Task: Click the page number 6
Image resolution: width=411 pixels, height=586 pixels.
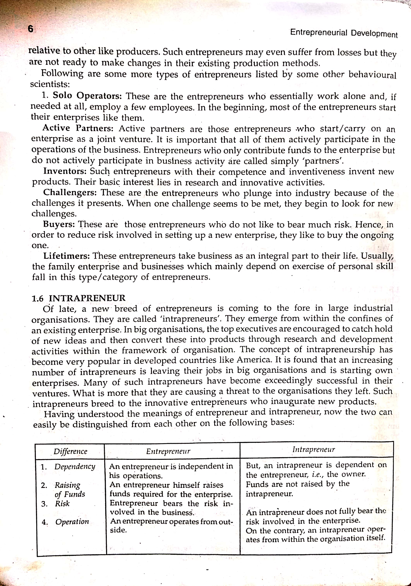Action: coord(30,29)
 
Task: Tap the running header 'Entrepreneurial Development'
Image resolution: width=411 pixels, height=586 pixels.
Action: coord(344,33)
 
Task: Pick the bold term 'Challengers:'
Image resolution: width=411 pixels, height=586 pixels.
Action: coord(70,192)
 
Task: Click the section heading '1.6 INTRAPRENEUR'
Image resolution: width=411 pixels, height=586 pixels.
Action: coord(79,298)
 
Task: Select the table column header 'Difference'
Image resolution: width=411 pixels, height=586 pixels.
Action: coord(70,451)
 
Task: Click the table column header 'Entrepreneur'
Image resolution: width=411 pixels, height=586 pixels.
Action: coord(168,451)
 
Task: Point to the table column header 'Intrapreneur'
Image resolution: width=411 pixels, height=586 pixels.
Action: coord(313,449)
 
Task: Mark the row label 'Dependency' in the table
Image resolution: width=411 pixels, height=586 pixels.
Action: coord(75,467)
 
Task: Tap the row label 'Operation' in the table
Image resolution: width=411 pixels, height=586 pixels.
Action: coord(72,522)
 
